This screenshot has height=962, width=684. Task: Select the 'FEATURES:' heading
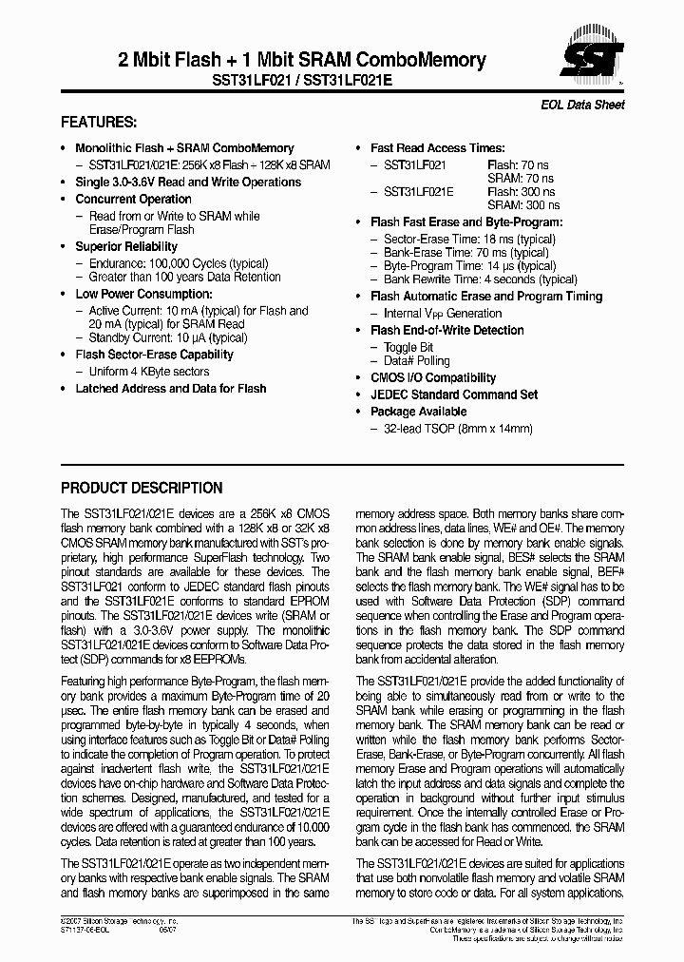(x=99, y=123)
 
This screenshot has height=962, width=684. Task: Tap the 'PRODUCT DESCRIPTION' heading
(x=142, y=489)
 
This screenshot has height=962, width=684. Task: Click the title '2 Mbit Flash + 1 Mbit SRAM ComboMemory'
(x=301, y=60)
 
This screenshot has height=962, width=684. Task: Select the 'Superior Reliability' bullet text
(x=126, y=246)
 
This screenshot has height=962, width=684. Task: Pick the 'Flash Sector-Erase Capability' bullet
(x=154, y=355)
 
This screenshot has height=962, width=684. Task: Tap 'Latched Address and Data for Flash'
(x=171, y=388)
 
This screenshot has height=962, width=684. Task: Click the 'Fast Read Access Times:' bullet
(x=437, y=148)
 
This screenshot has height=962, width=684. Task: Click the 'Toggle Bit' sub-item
(x=408, y=347)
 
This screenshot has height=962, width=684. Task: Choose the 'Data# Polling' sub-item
(x=417, y=361)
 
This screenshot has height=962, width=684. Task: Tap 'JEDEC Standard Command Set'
(x=454, y=394)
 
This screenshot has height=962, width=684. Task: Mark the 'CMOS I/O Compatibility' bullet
(x=433, y=377)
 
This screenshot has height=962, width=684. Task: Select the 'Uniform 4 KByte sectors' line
(x=149, y=372)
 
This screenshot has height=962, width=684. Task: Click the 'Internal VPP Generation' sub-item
(x=443, y=313)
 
